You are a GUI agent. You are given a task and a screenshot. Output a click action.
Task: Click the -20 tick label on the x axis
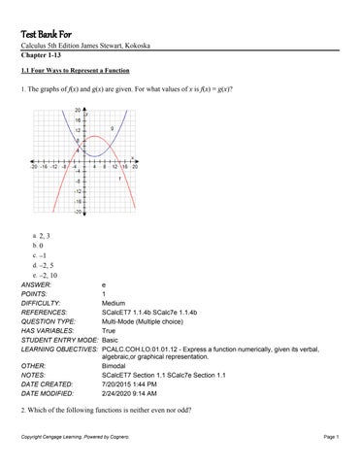point(35,166)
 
